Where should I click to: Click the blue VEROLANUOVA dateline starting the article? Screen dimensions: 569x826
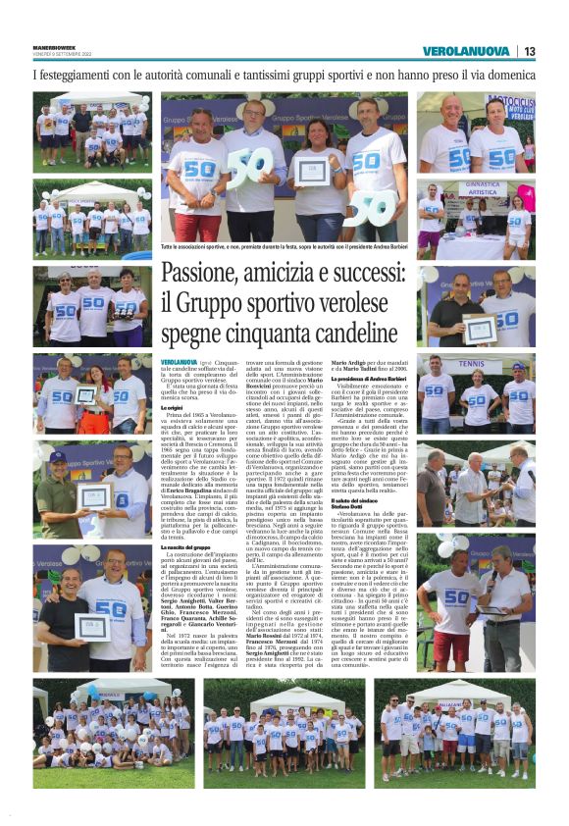[x=181, y=362]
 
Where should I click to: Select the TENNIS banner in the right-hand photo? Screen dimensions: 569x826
[x=471, y=363]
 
